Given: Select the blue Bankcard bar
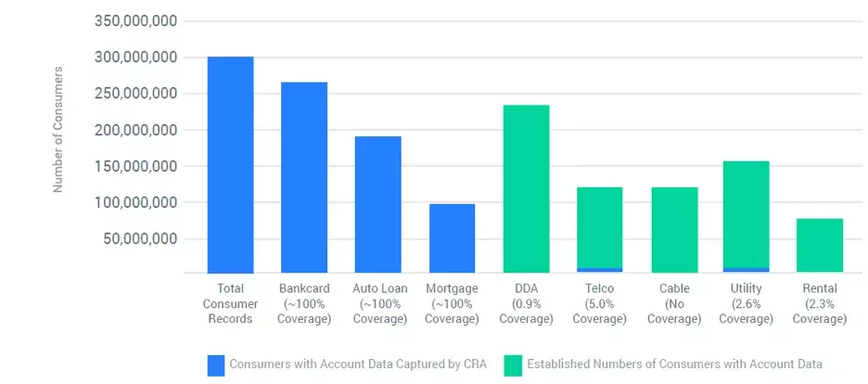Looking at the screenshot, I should pyautogui.click(x=304, y=177).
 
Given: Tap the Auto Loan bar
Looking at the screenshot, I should pyautogui.click(x=377, y=205).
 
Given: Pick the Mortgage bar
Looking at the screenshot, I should pyautogui.click(x=452, y=238).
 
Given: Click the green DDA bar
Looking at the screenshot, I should pyautogui.click(x=526, y=189).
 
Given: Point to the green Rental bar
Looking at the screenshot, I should pyautogui.click(x=820, y=246).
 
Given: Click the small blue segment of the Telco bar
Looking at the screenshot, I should pyautogui.click(x=599, y=270).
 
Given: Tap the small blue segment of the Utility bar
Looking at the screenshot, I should pyautogui.click(x=747, y=270).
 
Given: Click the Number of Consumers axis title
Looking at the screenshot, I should pyautogui.click(x=57, y=129).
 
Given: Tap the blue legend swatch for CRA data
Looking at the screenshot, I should pyautogui.click(x=215, y=365).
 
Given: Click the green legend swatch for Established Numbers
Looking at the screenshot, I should pyautogui.click(x=513, y=365).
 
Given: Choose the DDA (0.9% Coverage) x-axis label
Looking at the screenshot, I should pyautogui.click(x=526, y=304).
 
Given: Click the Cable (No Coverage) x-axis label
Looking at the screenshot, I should pyautogui.click(x=674, y=304).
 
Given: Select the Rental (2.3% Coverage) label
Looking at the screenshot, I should pyautogui.click(x=820, y=304).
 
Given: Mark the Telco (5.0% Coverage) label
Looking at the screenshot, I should pyautogui.click(x=599, y=304).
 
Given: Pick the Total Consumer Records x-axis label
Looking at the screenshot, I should pyautogui.click(x=230, y=304).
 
